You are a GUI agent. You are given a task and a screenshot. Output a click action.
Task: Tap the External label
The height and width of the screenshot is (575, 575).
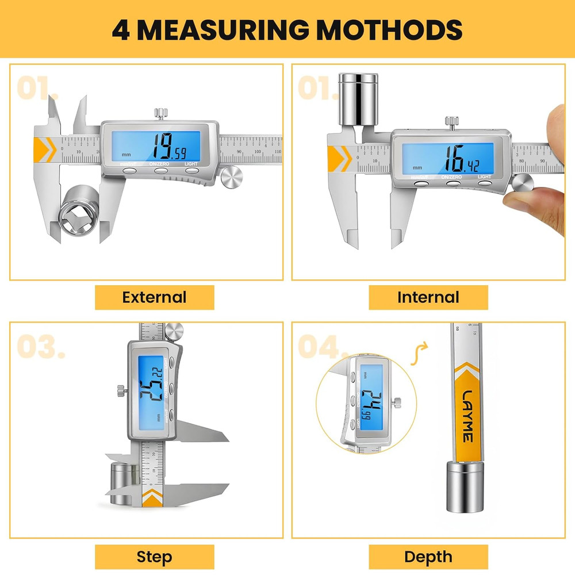154,297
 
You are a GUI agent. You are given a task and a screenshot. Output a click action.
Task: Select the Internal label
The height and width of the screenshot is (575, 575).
428,297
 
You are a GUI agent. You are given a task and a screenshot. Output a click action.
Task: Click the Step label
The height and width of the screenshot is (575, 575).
154,557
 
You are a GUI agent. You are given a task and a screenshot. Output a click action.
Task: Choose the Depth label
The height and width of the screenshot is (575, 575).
428,557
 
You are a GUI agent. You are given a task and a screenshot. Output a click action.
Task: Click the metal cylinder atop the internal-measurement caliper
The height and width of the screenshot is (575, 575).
358,98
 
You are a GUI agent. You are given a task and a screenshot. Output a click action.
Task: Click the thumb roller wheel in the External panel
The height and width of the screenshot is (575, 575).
232,176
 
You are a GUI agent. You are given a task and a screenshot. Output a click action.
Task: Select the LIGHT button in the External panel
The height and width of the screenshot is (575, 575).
191,170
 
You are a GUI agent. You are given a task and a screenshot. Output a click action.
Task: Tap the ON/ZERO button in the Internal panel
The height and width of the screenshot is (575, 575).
453,183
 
